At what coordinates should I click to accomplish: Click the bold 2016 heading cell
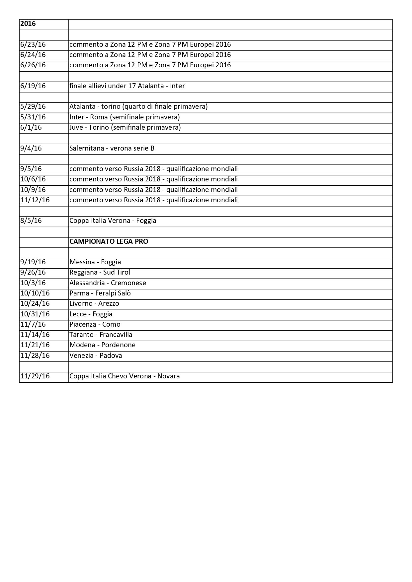pos(28,24)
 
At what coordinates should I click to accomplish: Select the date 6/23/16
pos(33,45)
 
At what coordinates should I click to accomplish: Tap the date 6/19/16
pos(33,86)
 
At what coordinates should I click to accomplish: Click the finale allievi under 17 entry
pos(127,86)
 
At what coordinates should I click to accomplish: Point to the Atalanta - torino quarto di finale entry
pos(138,107)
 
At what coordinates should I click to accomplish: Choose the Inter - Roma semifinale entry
pos(124,117)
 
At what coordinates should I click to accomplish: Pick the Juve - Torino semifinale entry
pos(125,128)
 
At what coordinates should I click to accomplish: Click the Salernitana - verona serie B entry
pos(112,148)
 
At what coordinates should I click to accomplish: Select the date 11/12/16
pos(35,200)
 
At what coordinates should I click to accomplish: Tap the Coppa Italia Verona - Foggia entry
pos(113,221)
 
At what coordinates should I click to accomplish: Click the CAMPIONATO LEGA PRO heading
pos(109,241)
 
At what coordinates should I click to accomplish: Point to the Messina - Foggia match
pos(95,262)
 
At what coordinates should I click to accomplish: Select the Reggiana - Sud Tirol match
pos(100,273)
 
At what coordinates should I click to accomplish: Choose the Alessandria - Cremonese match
pos(108,283)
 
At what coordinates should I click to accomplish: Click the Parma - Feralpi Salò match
pos(100,293)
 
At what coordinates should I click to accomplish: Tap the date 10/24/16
pos(35,304)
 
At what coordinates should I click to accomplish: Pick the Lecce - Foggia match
pos(91,314)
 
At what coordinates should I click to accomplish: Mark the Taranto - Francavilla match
pos(101,335)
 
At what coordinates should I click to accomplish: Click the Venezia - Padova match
pos(96,356)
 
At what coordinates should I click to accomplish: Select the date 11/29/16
pos(35,376)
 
